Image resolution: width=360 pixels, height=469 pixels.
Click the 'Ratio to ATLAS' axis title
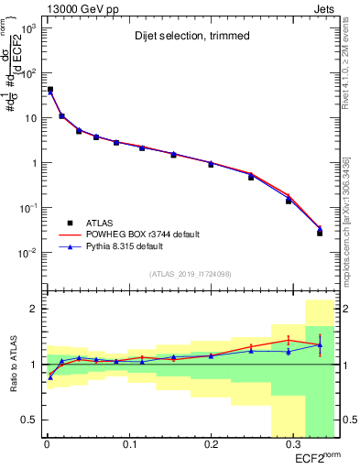(13, 362)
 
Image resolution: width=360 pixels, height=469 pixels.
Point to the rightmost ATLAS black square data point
(320, 233)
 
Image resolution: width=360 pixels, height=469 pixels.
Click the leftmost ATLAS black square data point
(49, 90)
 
